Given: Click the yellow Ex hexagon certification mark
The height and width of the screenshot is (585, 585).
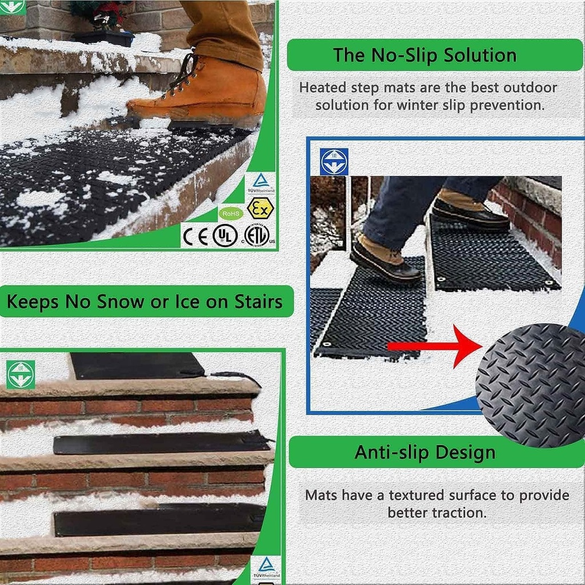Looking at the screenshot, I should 260,209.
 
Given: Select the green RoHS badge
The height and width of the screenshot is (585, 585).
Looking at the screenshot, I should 231,213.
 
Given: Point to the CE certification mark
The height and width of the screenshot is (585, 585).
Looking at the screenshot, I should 195,235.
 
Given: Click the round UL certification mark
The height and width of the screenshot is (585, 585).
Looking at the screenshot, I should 225,235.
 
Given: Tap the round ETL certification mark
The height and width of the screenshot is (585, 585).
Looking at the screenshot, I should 257,235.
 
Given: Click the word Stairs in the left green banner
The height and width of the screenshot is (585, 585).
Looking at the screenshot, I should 258,302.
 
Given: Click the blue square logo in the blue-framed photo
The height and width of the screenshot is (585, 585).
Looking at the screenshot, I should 334,161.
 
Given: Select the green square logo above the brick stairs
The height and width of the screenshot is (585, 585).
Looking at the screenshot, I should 21,374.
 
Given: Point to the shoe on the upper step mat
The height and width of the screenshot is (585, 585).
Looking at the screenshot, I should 470,211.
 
